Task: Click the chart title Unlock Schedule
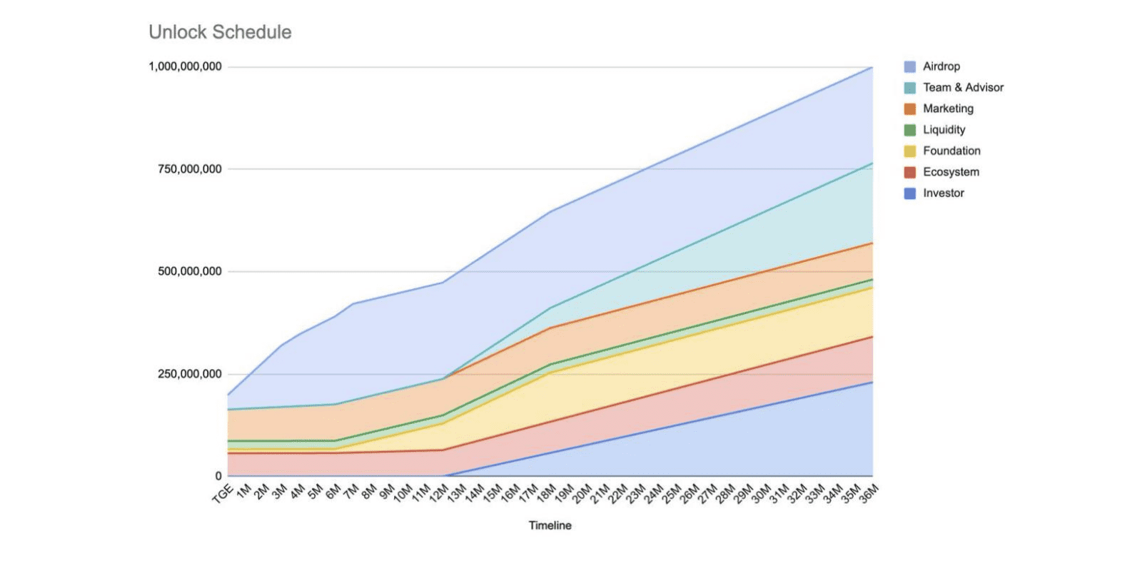pos(220,32)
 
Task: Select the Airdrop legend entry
pos(941,66)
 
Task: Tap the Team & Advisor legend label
pos(963,87)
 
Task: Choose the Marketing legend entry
pos(948,108)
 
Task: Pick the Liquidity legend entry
pos(944,130)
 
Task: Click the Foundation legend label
pos(952,151)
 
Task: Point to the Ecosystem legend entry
pos(951,172)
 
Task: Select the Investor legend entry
pos(943,193)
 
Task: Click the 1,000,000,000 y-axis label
pos(185,66)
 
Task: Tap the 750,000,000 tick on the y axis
pos(189,169)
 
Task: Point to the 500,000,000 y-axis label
pos(189,271)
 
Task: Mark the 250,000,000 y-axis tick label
pos(189,374)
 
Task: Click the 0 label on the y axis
pos(218,476)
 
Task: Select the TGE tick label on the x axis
pos(223,493)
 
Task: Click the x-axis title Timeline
pos(550,525)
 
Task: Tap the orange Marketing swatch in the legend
pos(909,109)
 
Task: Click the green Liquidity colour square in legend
pos(909,130)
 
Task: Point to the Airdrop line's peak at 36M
pos(872,67)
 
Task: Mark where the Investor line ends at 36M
pos(872,383)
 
